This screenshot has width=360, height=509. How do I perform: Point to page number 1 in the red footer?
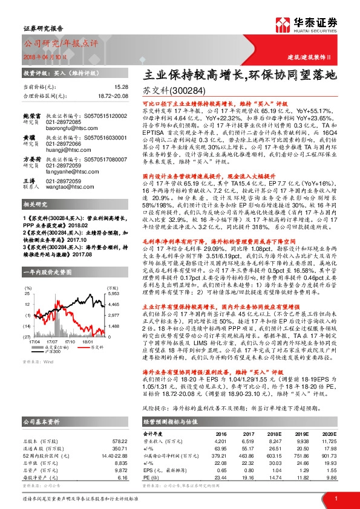[x=335, y=498]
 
